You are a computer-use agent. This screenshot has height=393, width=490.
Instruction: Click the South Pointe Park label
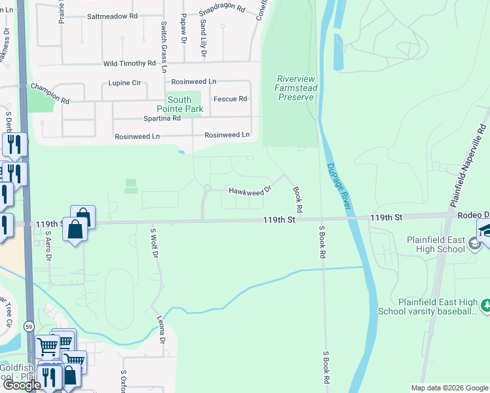[174, 105]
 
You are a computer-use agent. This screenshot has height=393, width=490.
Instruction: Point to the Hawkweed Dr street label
[250, 191]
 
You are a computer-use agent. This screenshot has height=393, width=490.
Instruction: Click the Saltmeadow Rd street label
[112, 16]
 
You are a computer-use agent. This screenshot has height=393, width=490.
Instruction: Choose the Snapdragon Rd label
[221, 10]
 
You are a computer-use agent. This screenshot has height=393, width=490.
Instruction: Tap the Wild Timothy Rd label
[130, 64]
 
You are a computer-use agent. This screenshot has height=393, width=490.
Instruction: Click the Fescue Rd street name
[233, 99]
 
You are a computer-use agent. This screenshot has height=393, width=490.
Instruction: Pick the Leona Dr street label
[160, 331]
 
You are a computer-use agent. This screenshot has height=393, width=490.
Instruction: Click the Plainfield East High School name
[436, 244]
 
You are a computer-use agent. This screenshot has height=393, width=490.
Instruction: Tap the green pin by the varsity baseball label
[485, 305]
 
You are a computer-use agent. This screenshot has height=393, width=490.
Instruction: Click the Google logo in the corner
[21, 385]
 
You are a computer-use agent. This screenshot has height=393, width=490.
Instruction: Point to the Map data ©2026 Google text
[449, 388]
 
